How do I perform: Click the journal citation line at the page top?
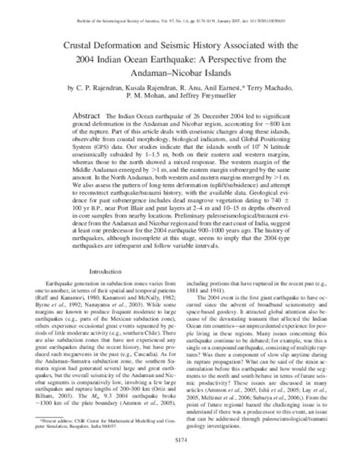(x=179, y=14)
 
